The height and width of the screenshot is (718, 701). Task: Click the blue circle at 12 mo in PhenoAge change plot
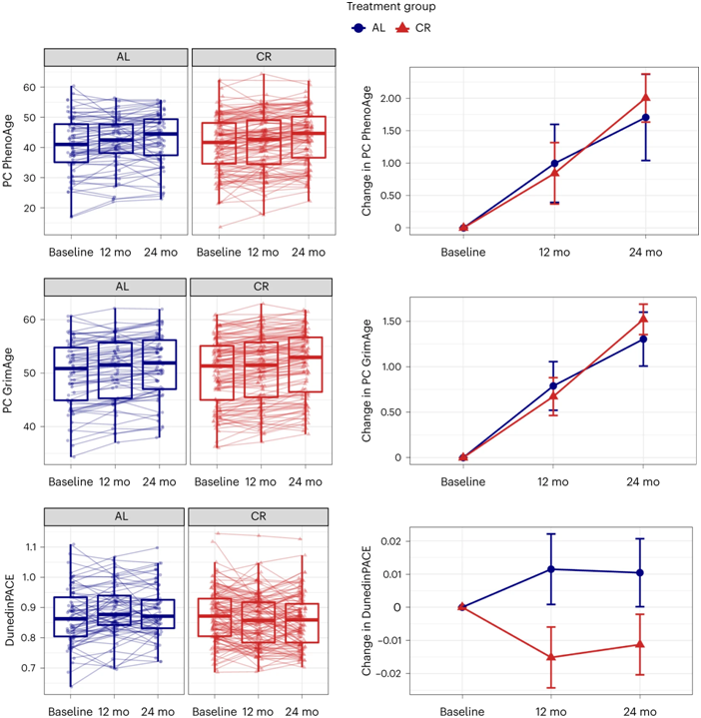[x=554, y=163]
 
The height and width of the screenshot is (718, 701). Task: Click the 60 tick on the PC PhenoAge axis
[x=31, y=87]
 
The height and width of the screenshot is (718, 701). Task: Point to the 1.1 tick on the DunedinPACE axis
[x=29, y=547]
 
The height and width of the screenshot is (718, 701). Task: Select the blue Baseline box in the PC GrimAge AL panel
[x=71, y=373]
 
